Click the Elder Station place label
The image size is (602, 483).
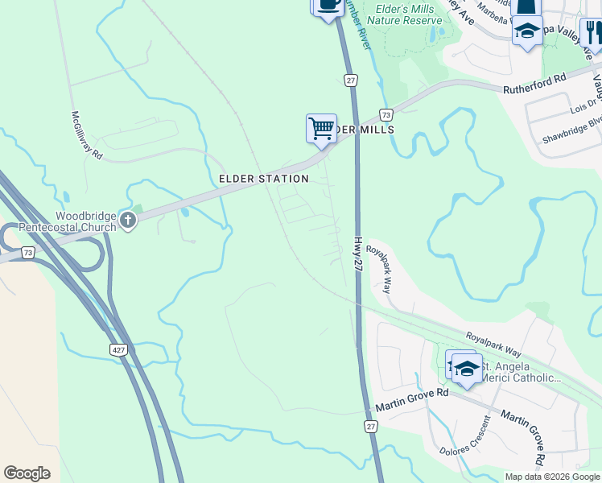(x=263, y=179)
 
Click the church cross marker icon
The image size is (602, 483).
(x=127, y=219)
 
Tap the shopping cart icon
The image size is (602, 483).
(x=321, y=128)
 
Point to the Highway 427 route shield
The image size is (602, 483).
(x=118, y=348)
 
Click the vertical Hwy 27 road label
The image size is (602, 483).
(x=359, y=254)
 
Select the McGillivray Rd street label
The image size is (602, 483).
(x=87, y=134)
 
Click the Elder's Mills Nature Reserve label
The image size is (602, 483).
(x=406, y=14)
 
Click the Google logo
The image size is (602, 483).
(x=27, y=473)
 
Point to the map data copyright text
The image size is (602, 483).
(x=552, y=477)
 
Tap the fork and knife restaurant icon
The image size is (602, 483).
(x=593, y=33)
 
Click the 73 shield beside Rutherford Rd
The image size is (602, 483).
(x=386, y=115)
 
